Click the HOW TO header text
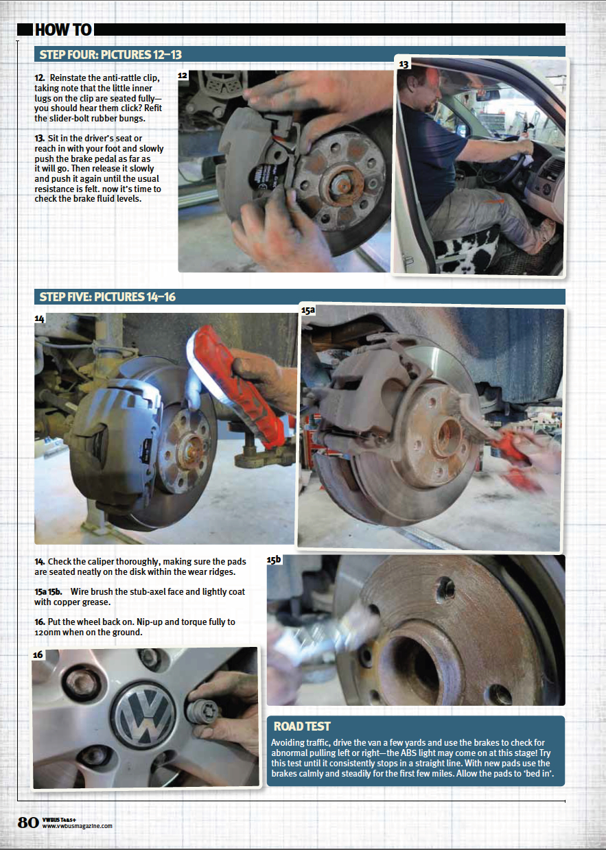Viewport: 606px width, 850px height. (63, 29)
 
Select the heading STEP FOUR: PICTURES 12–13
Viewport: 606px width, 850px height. (110, 55)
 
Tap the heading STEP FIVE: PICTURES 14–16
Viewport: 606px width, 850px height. (108, 297)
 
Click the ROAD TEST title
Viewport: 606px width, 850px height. (302, 727)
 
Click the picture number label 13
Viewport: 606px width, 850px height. (404, 64)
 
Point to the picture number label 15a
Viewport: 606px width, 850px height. (308, 310)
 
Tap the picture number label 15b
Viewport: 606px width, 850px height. (274, 559)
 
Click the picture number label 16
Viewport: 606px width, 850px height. (38, 654)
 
